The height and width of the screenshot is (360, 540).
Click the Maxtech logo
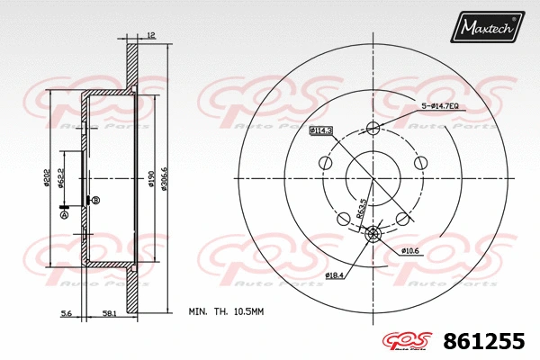point(487,28)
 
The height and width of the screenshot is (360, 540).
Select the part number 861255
point(483,342)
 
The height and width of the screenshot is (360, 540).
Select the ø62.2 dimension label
point(60,178)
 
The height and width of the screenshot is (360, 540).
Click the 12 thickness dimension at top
point(150,35)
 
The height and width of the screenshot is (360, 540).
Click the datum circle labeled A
point(64,214)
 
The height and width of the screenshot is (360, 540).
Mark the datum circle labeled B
point(95,200)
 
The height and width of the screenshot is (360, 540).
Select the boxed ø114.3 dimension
point(321,131)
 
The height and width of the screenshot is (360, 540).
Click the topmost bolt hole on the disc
point(373,128)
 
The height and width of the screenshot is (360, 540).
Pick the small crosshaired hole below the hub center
point(373,235)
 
